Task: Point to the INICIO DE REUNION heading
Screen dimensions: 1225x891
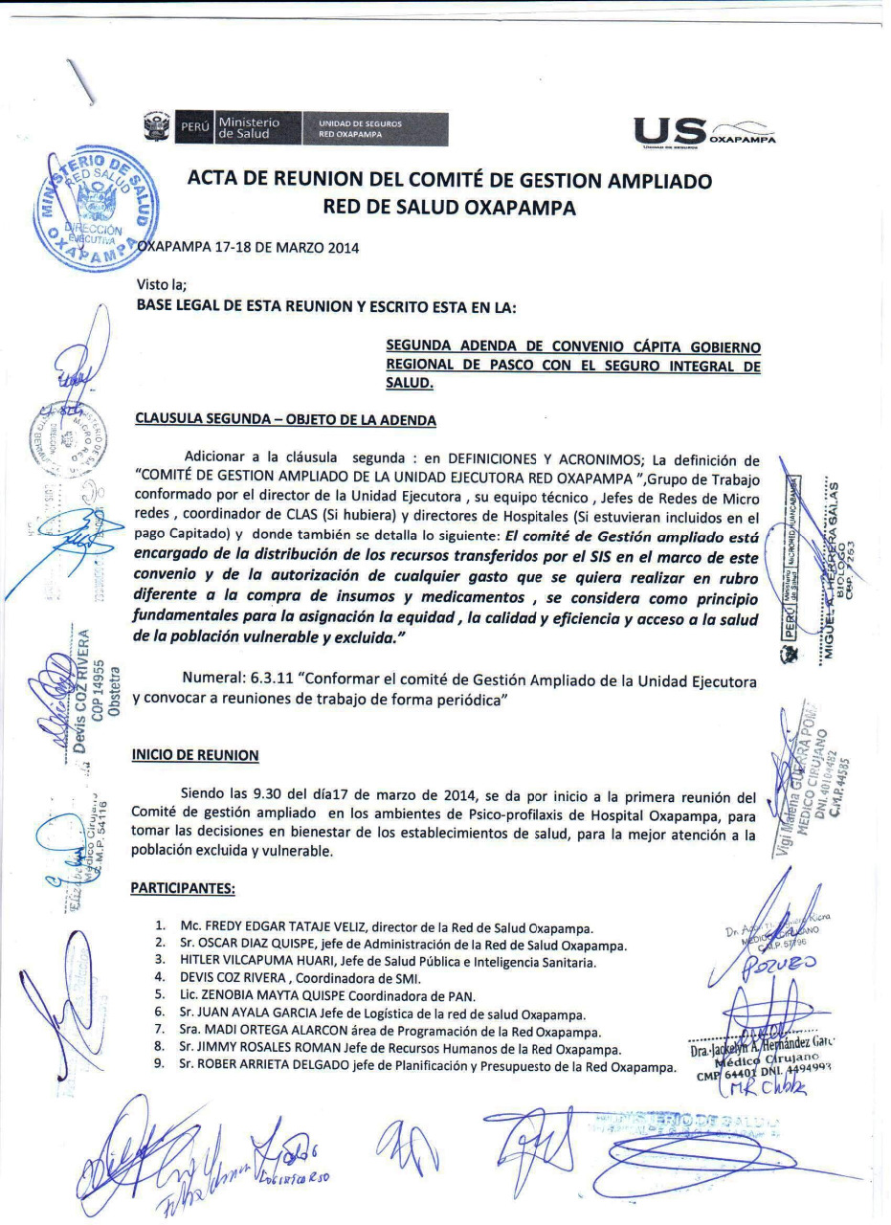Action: coord(195,755)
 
